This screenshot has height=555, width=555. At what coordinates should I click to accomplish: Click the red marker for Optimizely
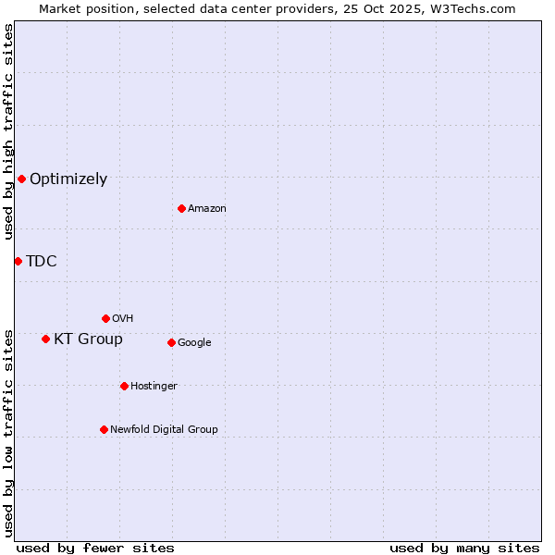[x=21, y=179]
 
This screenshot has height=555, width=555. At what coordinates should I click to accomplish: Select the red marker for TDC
[x=18, y=261]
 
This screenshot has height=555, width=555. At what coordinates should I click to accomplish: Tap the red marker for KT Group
[x=45, y=339]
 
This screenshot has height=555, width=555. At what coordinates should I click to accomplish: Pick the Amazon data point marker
[x=181, y=208]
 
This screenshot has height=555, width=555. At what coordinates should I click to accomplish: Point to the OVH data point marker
[x=105, y=318]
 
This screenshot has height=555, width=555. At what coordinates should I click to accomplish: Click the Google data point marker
[x=171, y=342]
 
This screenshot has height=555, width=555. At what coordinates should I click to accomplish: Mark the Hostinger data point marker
[x=124, y=386]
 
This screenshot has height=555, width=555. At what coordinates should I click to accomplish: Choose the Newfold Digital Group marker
[x=104, y=429]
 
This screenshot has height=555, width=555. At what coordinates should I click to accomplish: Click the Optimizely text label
[x=68, y=179]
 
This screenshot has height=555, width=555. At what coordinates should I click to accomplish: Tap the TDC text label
[x=42, y=261]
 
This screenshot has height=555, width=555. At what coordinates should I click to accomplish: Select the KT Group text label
[x=88, y=339]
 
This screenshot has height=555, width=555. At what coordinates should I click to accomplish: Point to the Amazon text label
[x=207, y=208]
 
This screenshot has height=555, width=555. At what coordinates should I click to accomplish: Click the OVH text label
[x=123, y=318]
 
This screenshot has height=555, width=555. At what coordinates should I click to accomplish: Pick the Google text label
[x=194, y=342]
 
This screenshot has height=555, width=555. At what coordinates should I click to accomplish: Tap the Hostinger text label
[x=154, y=386]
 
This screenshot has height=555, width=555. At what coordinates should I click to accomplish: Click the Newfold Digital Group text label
[x=164, y=429]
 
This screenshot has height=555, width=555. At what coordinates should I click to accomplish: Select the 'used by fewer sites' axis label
[x=95, y=548]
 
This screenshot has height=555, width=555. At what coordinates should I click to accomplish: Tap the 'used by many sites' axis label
[x=464, y=548]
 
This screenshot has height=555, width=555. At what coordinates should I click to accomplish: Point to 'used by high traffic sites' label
[x=8, y=131]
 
